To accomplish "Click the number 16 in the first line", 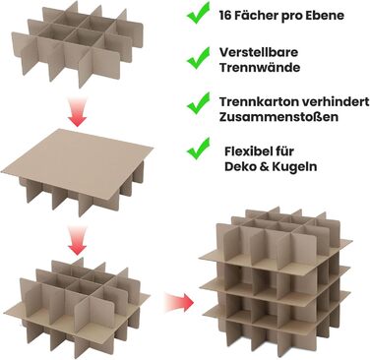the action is click(x=225, y=16).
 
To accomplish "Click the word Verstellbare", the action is click(x=259, y=52).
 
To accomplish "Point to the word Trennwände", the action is click(x=260, y=68).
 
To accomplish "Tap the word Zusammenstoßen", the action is click(x=278, y=117).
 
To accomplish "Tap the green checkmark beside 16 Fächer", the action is click(x=198, y=13).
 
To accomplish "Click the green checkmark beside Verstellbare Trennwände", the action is click(x=198, y=58).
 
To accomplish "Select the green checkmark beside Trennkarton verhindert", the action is click(x=198, y=103).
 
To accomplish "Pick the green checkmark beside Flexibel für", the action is click(x=198, y=149).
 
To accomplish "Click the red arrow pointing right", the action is click(x=179, y=302).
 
